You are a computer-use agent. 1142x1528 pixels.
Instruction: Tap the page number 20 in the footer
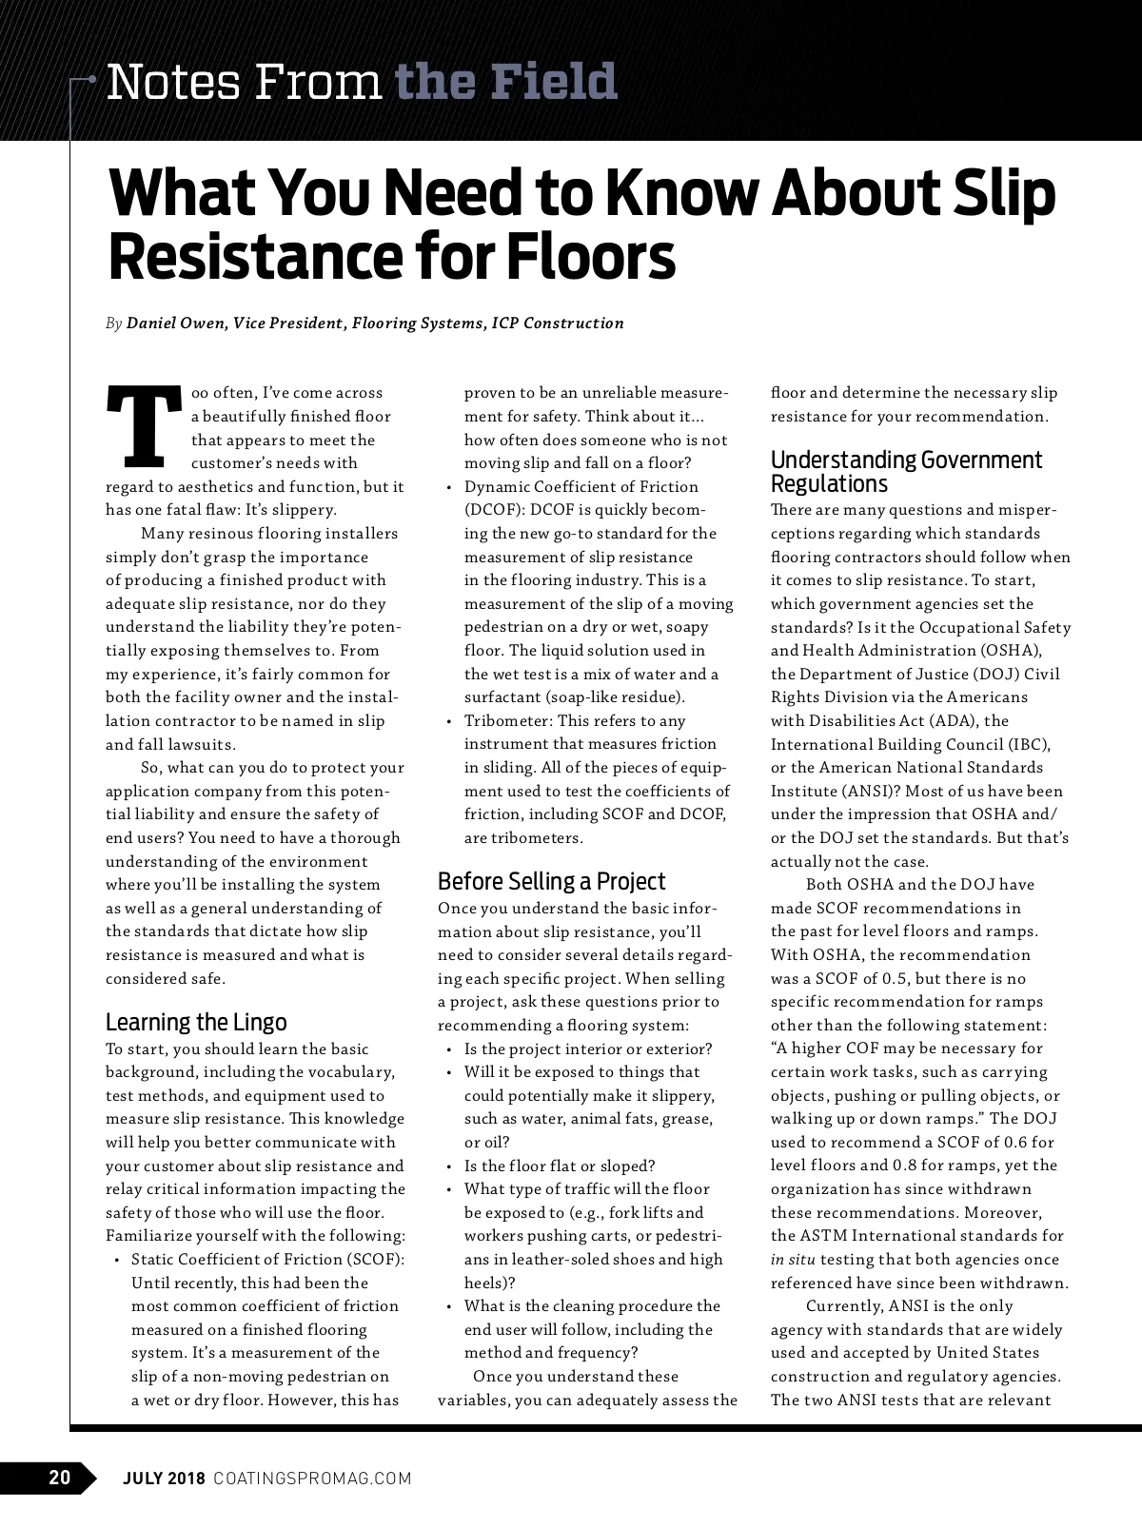tap(59, 1478)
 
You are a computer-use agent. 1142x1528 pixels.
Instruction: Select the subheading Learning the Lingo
tap(196, 1022)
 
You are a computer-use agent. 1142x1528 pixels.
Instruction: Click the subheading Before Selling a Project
tap(551, 881)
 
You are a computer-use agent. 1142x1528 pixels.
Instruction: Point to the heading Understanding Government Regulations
tap(906, 472)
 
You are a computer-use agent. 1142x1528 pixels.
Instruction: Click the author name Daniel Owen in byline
tap(176, 323)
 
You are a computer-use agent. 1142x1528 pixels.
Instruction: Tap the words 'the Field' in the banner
tap(505, 83)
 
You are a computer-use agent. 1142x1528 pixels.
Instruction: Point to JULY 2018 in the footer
tap(164, 1479)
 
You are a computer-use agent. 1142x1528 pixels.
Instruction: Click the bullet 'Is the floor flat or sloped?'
tap(560, 1166)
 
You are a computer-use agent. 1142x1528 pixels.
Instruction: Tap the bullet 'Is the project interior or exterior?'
tap(587, 1048)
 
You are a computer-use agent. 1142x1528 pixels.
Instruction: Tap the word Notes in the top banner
tap(160, 83)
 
